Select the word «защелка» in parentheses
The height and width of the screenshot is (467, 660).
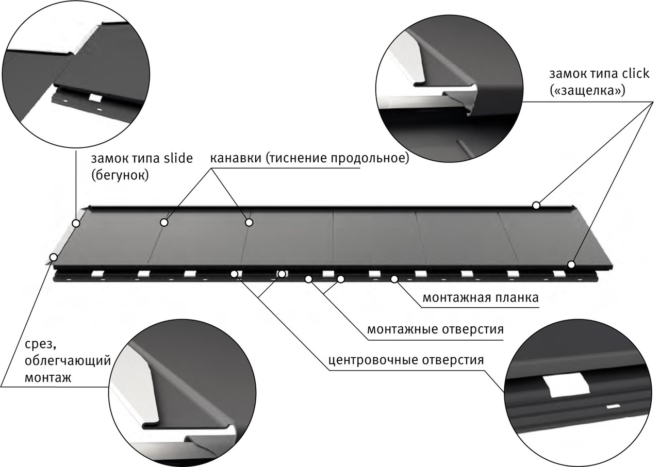click(587, 91)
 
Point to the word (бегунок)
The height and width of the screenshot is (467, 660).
click(119, 175)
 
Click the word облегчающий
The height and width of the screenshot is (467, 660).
click(68, 360)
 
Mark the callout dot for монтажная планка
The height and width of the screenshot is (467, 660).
click(394, 279)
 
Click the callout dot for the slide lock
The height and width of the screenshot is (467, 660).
click(76, 223)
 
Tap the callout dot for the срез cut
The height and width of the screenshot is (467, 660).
click(53, 256)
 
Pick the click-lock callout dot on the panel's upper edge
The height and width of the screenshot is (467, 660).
click(536, 205)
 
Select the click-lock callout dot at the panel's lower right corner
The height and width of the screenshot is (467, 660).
click(571, 264)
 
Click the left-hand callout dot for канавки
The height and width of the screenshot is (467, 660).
click(164, 222)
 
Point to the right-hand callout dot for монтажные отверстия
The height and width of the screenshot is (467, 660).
click(340, 279)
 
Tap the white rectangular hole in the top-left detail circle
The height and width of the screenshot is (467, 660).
click(95, 97)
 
